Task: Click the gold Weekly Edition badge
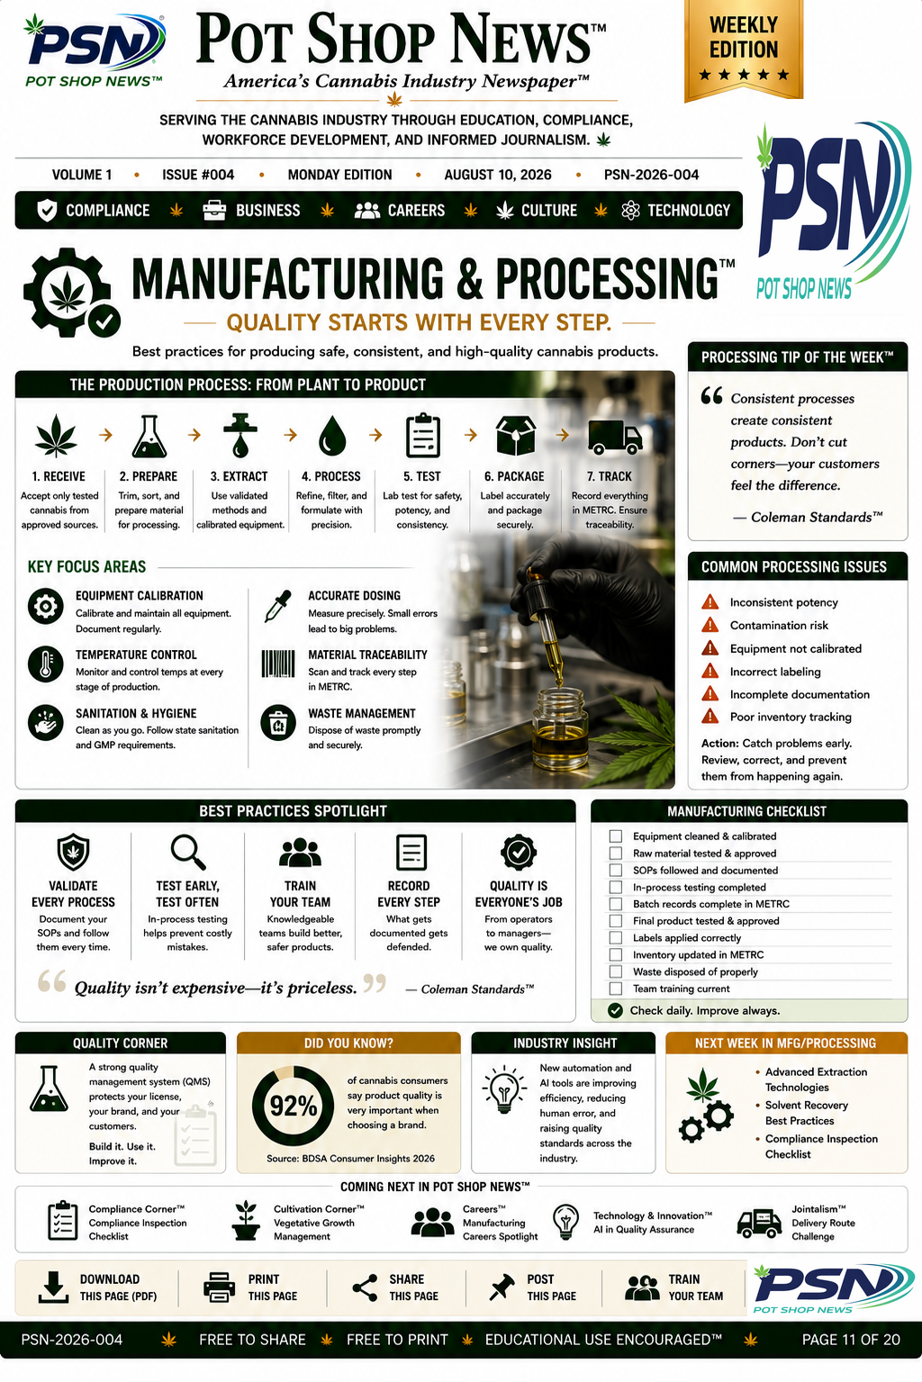pyautogui.click(x=744, y=50)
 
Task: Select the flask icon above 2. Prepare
pyautogui.click(x=149, y=436)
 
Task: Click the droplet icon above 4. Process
pyautogui.click(x=332, y=436)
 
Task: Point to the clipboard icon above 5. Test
pyautogui.click(x=423, y=436)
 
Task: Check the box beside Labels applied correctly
pyautogui.click(x=615, y=938)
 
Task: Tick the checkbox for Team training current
pyautogui.click(x=615, y=989)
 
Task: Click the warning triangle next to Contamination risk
pyautogui.click(x=710, y=625)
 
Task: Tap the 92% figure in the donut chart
pyautogui.click(x=294, y=1107)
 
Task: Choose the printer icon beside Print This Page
pyautogui.click(x=219, y=1287)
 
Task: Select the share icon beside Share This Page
pyautogui.click(x=365, y=1287)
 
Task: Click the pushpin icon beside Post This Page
pyautogui.click(x=502, y=1287)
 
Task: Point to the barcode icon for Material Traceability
pyautogui.click(x=278, y=664)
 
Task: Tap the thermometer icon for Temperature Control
pyautogui.click(x=46, y=664)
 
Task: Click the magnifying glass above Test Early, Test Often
pyautogui.click(x=188, y=852)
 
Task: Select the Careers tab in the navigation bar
pyautogui.click(x=400, y=211)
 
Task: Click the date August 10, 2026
pyautogui.click(x=498, y=175)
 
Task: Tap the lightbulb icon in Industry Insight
pyautogui.click(x=504, y=1089)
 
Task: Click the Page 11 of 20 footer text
pyautogui.click(x=851, y=1340)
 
